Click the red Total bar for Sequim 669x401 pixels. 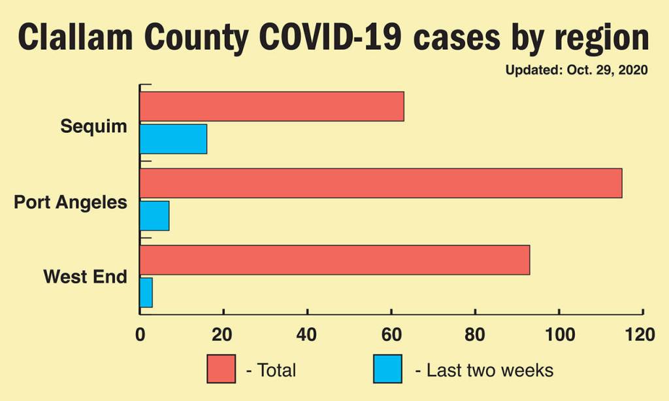point(272,107)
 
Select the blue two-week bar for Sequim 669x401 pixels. point(173,139)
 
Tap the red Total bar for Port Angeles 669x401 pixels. point(381,183)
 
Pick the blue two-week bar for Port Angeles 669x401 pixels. point(154,215)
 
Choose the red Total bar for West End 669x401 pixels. point(334,260)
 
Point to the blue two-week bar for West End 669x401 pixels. point(146,292)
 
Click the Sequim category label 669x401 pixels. point(93,126)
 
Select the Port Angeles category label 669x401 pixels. point(71,202)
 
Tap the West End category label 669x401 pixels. point(85,277)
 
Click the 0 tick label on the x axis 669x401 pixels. point(140,335)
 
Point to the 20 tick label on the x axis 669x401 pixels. point(223,335)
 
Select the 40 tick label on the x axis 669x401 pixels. point(307,335)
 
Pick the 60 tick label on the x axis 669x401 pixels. point(391,335)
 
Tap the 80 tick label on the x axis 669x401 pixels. point(475,335)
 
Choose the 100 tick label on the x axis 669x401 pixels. point(559,335)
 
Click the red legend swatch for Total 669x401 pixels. point(221,370)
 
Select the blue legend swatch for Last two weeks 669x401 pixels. point(387,370)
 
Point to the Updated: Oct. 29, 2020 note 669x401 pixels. point(576,70)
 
